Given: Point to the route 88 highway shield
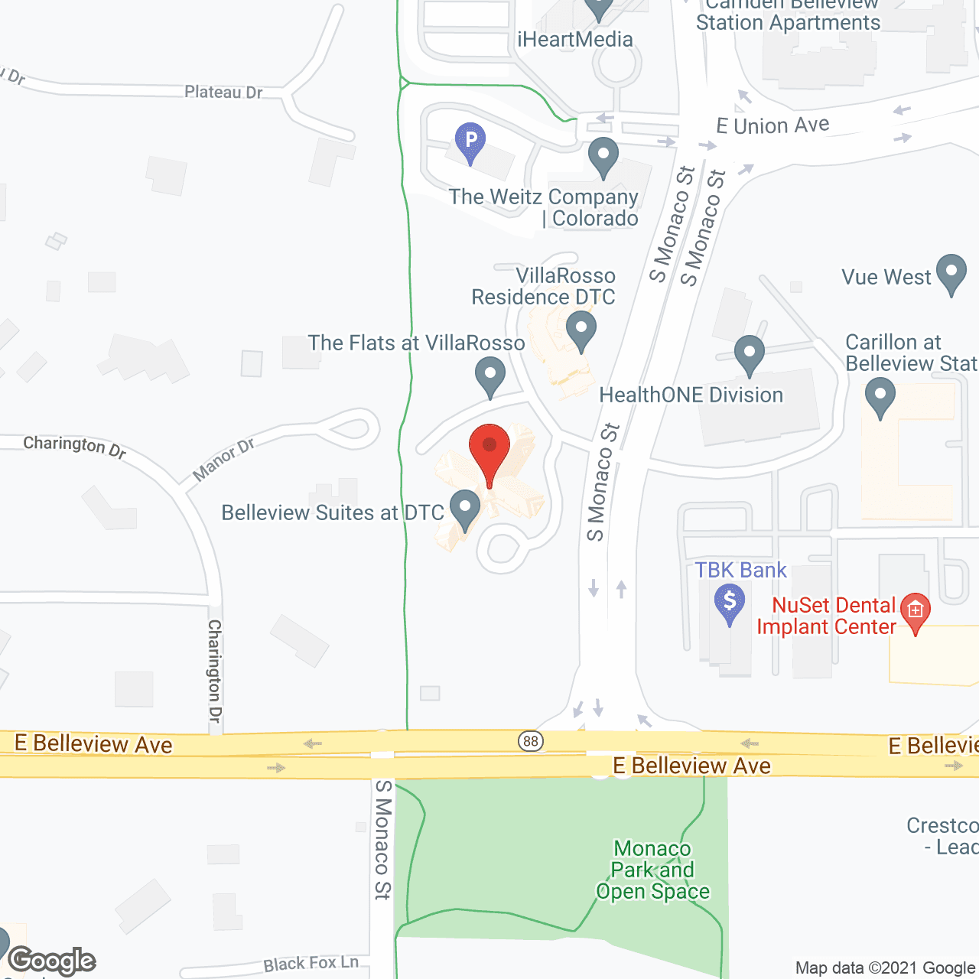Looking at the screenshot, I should (x=531, y=740).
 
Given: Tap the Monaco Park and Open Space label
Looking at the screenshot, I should (x=652, y=870).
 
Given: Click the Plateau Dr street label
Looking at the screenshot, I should (x=223, y=93).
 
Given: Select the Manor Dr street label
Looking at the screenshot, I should (x=223, y=460).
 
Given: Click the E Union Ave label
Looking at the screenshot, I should (x=772, y=125).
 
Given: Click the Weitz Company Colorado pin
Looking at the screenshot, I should (x=603, y=156).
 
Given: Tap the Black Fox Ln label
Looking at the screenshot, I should (x=311, y=964).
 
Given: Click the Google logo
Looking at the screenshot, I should (x=52, y=961).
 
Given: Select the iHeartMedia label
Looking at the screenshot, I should (x=575, y=40).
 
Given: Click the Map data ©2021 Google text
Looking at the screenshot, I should (x=885, y=968).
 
